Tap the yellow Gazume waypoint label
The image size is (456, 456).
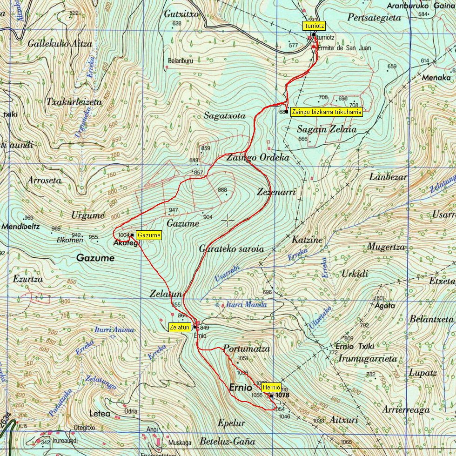click(149, 235)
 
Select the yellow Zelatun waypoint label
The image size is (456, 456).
click(180, 327)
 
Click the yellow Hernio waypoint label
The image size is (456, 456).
click(271, 387)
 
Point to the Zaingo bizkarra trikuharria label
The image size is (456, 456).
click(326, 112)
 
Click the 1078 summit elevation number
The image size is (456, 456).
click(282, 395)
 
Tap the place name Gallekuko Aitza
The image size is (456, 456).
click(60, 44)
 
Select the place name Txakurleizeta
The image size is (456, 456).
click(74, 102)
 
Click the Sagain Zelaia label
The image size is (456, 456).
click(327, 129)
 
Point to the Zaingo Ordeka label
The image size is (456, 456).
click(258, 158)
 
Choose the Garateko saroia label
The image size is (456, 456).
click(231, 249)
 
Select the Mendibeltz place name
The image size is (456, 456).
click(21, 227)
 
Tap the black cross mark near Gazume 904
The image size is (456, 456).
click(228, 220)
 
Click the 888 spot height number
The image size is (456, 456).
click(222, 190)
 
